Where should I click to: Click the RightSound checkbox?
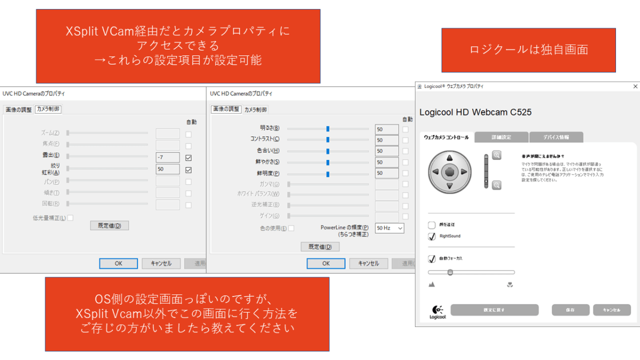click(x=432, y=236)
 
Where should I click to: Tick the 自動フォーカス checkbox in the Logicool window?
click(x=432, y=259)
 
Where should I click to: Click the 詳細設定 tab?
click(x=501, y=138)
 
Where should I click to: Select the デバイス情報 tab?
click(x=556, y=138)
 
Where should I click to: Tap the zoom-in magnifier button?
click(x=497, y=155)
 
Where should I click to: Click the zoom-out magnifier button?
click(x=497, y=185)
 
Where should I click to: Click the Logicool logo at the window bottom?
click(x=437, y=311)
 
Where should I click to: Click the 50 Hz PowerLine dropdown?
click(x=389, y=228)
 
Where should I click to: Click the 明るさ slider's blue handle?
click(x=328, y=129)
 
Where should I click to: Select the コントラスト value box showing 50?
click(x=387, y=140)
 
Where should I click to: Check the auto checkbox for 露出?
click(x=188, y=158)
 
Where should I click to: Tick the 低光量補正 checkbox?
click(x=70, y=218)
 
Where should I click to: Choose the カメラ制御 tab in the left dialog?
click(x=48, y=109)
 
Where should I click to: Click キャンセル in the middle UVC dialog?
click(x=368, y=263)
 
